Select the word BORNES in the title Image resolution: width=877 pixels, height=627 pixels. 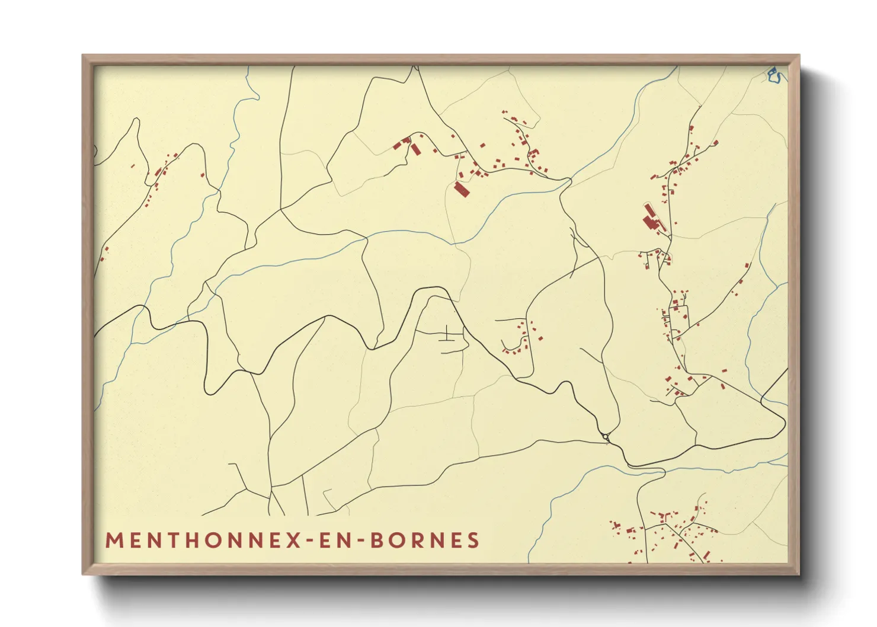(x=424, y=540)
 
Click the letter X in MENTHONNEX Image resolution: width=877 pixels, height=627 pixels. (x=294, y=540)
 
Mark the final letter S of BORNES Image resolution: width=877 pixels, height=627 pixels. (x=473, y=540)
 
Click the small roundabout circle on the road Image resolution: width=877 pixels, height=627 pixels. (x=605, y=437)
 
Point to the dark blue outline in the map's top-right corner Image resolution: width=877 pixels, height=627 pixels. (x=774, y=75)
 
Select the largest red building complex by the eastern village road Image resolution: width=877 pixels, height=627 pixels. (x=652, y=220)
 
